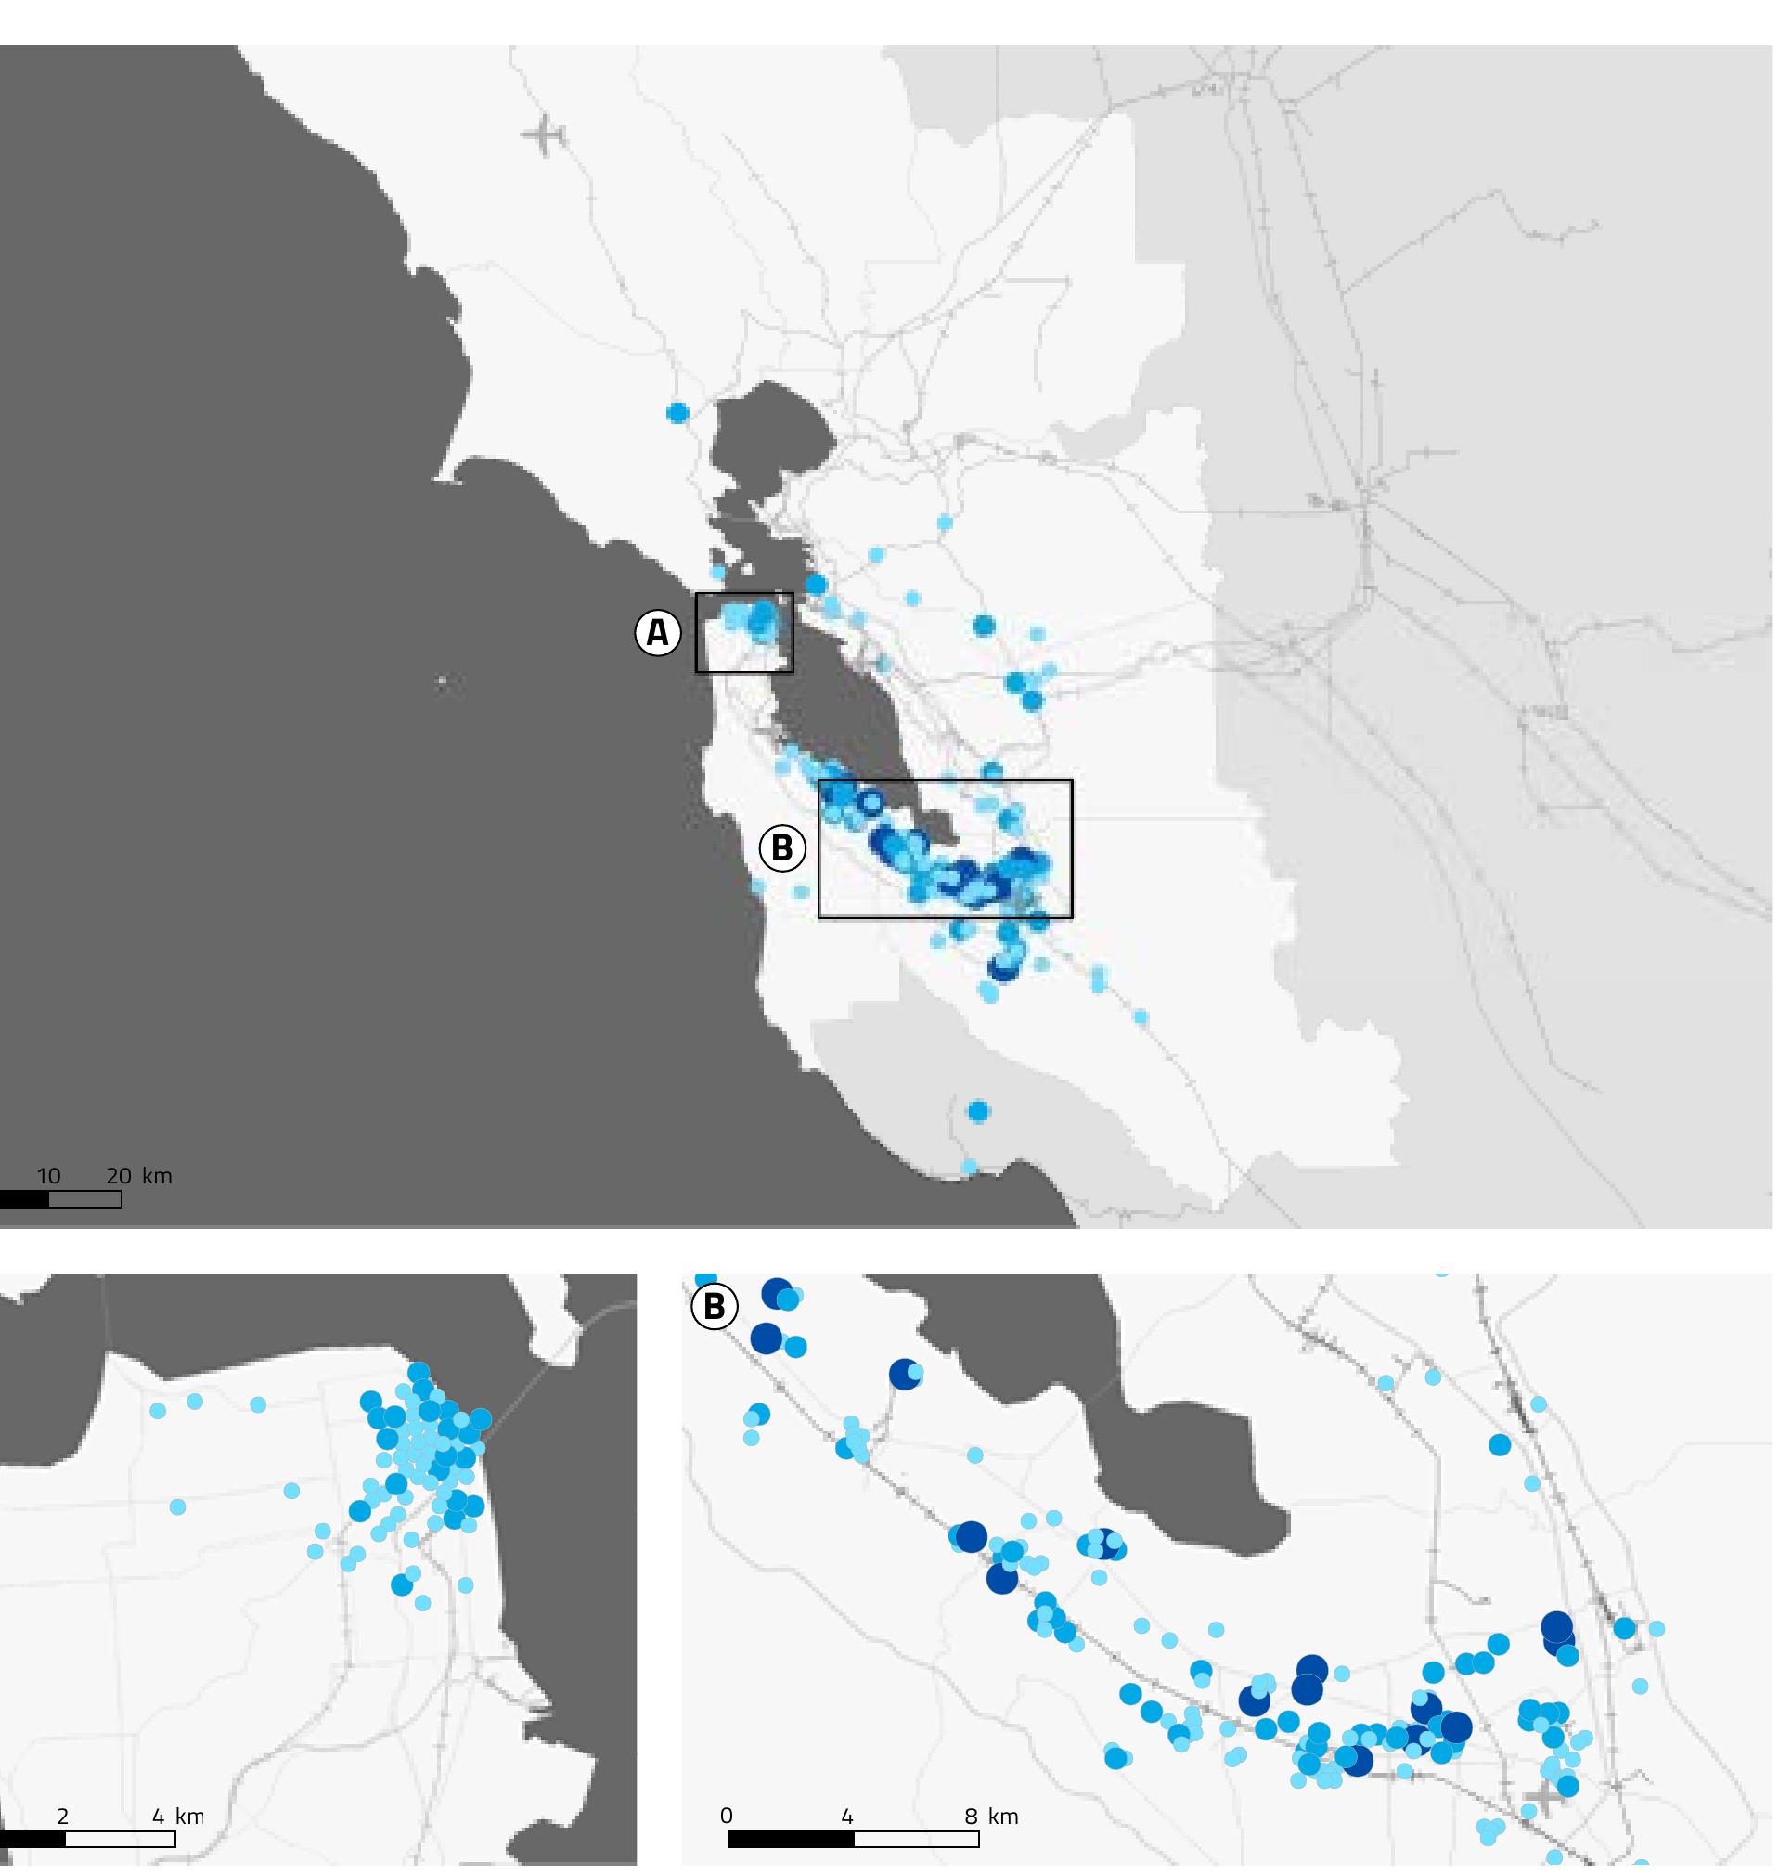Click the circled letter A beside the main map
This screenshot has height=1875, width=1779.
657,634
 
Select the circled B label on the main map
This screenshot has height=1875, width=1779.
781,847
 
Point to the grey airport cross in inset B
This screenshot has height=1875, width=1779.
1543,1798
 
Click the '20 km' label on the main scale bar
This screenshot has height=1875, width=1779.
138,1176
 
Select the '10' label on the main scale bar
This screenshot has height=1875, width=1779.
48,1176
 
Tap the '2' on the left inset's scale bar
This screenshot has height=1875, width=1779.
62,1817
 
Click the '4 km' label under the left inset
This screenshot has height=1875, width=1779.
177,1817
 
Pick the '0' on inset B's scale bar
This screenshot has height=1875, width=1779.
727,1817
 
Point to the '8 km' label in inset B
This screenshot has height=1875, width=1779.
989,1817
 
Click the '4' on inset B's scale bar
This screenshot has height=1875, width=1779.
847,1817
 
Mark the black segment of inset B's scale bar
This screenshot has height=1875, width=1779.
790,1839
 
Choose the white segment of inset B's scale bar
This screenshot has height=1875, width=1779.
916,1839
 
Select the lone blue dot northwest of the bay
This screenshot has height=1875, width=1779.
677,412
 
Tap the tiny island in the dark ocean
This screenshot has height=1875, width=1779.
441,680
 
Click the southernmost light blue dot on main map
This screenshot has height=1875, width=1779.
969,1166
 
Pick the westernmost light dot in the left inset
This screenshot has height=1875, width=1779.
159,1410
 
